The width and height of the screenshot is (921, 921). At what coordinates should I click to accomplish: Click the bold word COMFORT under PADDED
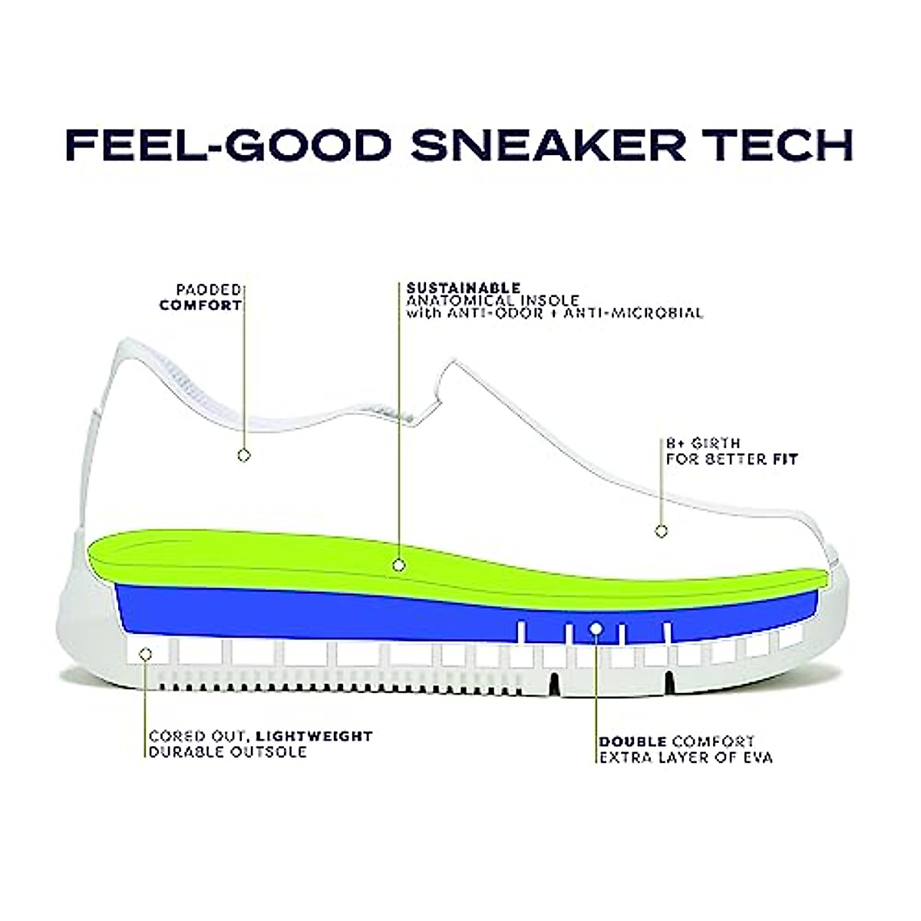(200, 305)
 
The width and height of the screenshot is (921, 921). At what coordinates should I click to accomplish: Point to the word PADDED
(209, 290)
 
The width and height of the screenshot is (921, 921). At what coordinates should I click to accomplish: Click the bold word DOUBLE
(632, 742)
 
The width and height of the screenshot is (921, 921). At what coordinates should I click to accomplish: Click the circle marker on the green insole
(398, 565)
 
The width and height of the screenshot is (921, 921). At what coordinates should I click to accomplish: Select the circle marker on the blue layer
(596, 629)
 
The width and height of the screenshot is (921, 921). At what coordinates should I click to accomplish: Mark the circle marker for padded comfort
(243, 455)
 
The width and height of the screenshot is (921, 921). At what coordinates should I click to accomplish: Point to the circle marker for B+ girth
(661, 530)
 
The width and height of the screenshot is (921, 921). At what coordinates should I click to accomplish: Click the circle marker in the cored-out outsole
(145, 654)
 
